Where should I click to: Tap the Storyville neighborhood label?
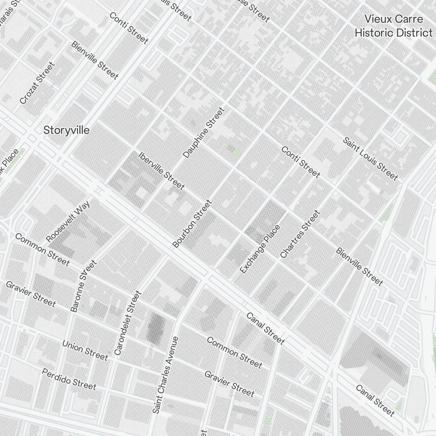click(x=67, y=130)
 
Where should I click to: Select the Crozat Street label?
click(x=37, y=83)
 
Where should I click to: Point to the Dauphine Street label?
click(x=204, y=133)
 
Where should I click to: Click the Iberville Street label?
click(x=161, y=170)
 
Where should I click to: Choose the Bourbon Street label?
click(x=192, y=224)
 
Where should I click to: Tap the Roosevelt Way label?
click(x=68, y=221)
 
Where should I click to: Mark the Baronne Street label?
click(x=83, y=286)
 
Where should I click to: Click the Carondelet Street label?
click(x=128, y=323)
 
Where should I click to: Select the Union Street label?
click(x=85, y=350)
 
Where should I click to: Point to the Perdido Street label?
click(x=69, y=378)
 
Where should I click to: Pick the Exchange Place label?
click(x=260, y=249)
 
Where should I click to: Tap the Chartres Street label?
click(x=300, y=234)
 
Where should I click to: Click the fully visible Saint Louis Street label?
click(x=370, y=159)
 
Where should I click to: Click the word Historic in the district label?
click(x=378, y=33)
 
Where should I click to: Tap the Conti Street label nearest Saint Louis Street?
click(x=300, y=162)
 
